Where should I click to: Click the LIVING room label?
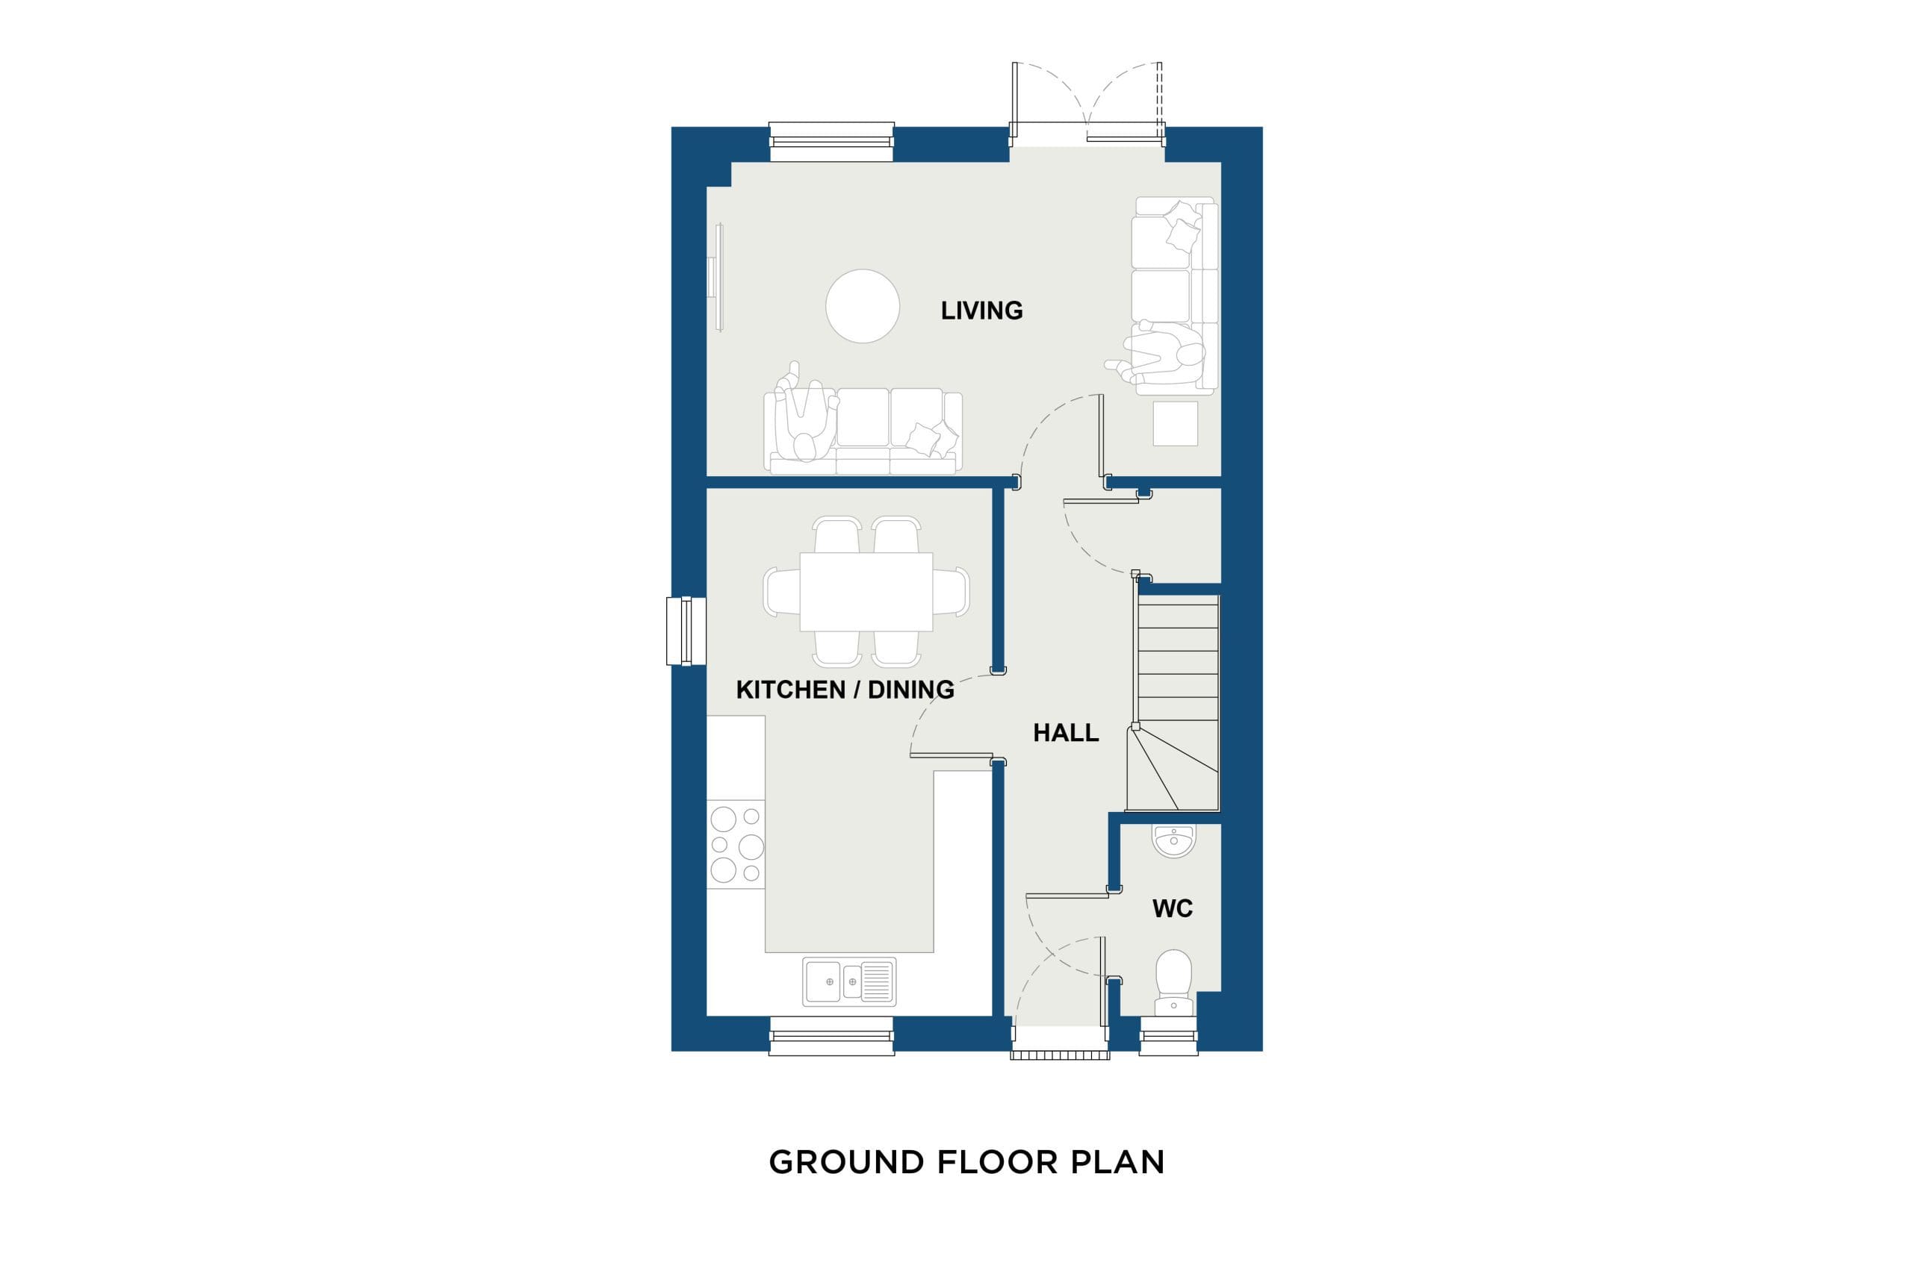pos(981,310)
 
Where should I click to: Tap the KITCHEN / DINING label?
pos(845,690)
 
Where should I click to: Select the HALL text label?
pos(1066,733)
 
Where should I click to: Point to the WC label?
pos(1173,908)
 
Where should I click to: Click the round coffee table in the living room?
pos(863,305)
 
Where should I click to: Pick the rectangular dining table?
pos(866,592)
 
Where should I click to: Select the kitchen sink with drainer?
pos(849,981)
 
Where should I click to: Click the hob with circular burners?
pos(736,844)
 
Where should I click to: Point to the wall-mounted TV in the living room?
pos(718,277)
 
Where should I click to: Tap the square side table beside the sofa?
pos(1175,423)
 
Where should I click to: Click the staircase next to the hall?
pos(1173,703)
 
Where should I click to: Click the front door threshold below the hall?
pos(1060,1055)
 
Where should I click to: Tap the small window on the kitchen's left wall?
pos(686,631)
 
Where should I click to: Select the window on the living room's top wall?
pos(831,143)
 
